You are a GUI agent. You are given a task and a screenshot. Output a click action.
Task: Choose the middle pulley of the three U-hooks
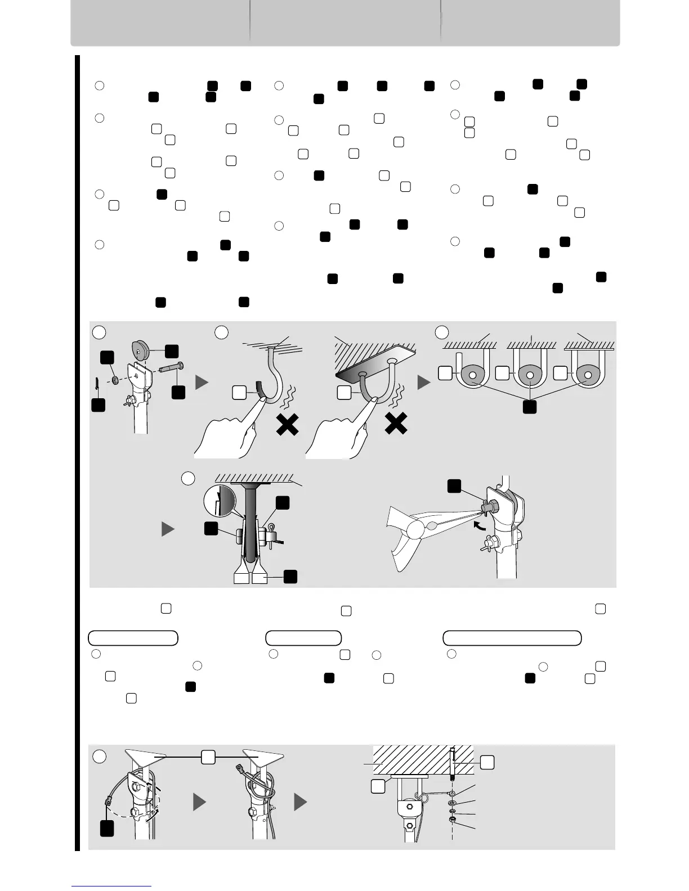[530, 373]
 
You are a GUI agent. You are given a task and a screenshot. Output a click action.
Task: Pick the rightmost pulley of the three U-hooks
[588, 373]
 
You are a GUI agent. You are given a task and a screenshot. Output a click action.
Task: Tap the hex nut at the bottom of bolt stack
[453, 821]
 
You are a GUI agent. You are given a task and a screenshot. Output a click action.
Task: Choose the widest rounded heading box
[512, 638]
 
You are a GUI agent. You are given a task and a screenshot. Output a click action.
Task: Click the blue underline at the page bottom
[111, 886]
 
